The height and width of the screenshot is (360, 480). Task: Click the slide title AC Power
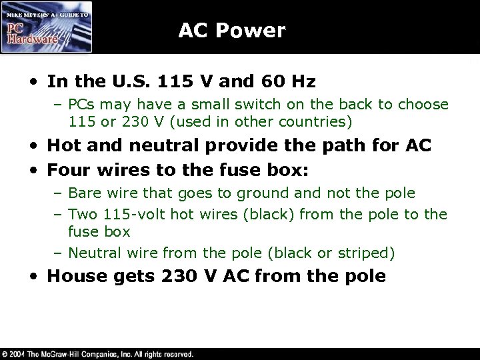(231, 30)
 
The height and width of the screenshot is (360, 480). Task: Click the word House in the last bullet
(73, 276)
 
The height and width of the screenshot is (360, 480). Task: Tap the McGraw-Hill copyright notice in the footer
(98, 353)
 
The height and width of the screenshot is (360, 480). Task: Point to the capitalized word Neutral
(91, 253)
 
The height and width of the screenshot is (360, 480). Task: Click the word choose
(425, 105)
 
